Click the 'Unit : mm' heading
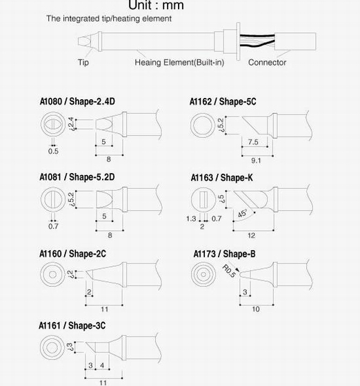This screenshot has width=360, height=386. tap(156, 5)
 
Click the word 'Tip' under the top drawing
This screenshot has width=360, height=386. tap(83, 62)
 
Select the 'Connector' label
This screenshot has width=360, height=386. tap(267, 63)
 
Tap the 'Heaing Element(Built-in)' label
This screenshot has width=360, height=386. tap(179, 63)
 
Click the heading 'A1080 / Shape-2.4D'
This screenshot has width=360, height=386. tap(77, 101)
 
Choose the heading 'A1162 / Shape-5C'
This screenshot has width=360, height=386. tap(223, 102)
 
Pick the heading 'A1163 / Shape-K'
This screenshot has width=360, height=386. tap(222, 178)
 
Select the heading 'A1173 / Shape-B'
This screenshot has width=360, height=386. tap(224, 254)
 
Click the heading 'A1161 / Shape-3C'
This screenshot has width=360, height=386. tap(72, 325)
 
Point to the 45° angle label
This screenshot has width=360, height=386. tap(242, 213)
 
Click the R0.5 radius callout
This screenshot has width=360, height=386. tap(229, 271)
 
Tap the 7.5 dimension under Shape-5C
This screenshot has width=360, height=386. tap(253, 142)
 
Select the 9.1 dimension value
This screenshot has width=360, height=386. tap(256, 161)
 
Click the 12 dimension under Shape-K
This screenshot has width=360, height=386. tap(251, 236)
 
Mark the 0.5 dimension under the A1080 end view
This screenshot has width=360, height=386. tap(53, 151)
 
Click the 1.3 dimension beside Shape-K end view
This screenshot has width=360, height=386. tap(191, 219)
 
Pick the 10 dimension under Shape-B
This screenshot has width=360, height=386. tap(256, 309)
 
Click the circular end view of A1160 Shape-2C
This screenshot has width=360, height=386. tap(52, 274)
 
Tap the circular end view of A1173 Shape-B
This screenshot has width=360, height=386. tap(203, 274)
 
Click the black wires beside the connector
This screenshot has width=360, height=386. tap(257, 41)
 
